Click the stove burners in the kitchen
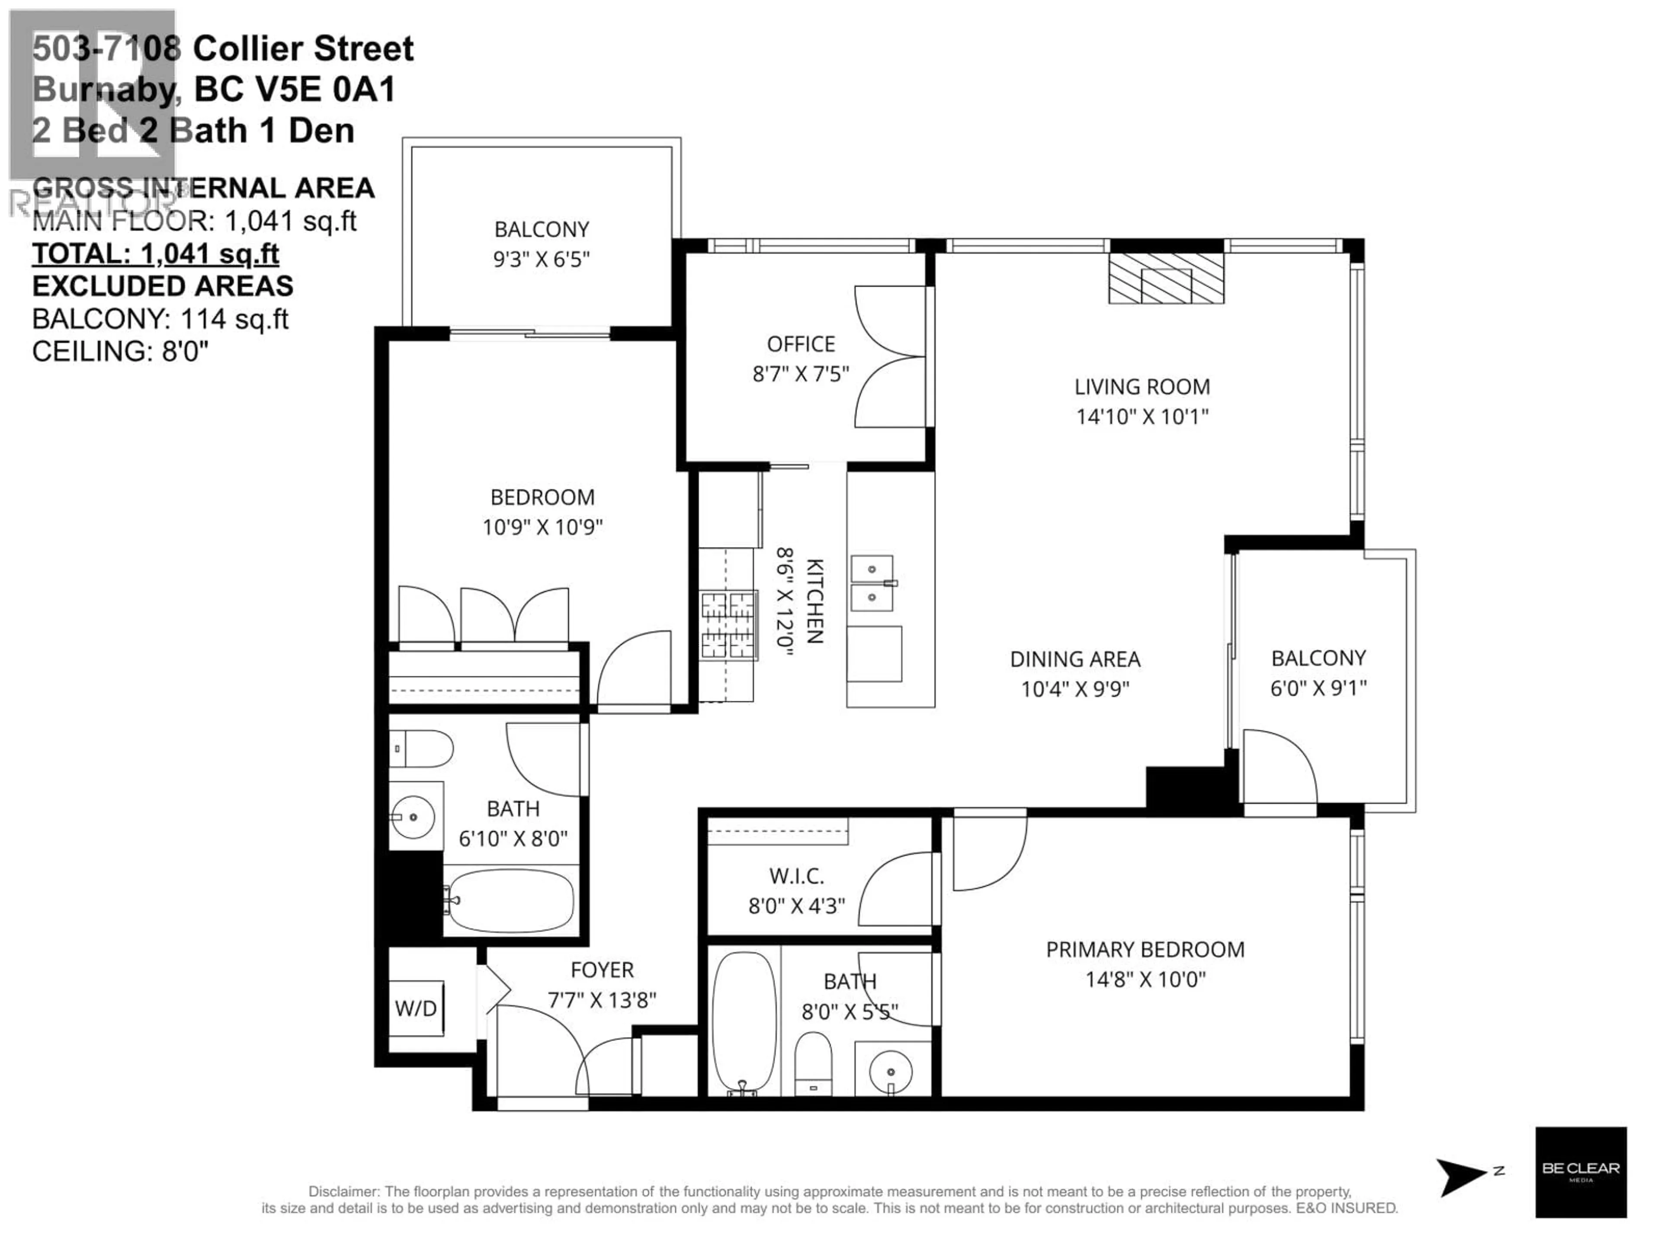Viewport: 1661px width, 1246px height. (728, 625)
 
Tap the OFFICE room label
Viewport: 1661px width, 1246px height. (801, 344)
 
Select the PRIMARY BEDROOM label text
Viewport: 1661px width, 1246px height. (1145, 949)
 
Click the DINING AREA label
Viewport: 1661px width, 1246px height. (1074, 659)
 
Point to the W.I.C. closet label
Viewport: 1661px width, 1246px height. (796, 876)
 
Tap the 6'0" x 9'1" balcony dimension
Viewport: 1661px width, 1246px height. (1318, 688)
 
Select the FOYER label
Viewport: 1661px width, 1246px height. (602, 970)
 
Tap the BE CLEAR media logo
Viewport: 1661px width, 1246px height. (1580, 1172)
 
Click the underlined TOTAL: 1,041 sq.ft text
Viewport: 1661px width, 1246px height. (155, 254)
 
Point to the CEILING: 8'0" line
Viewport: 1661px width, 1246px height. (120, 351)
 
